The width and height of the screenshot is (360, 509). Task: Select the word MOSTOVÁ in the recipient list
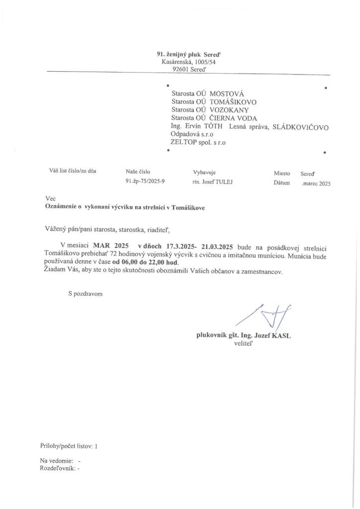pos(227,93)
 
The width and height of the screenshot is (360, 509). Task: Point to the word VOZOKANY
pos(229,109)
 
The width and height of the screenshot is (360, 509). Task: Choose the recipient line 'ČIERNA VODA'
pos(233,118)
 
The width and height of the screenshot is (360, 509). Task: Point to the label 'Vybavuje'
pos(204,172)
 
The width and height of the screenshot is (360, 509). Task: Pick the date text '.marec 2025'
pos(316,183)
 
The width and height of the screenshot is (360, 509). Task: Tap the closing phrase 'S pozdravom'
pos(86,294)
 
